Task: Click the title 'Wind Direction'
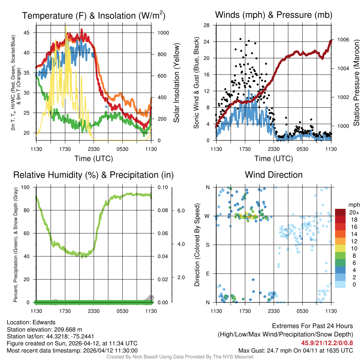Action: tap(274, 175)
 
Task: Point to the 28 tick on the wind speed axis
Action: tap(207, 25)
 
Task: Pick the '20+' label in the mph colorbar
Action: tap(354, 213)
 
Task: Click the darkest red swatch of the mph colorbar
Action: tap(341, 212)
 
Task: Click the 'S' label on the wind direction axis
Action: tap(207, 245)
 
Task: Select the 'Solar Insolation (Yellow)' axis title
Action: tap(176, 83)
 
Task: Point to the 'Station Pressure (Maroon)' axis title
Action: tap(356, 83)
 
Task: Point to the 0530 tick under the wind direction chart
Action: tap(302, 311)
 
